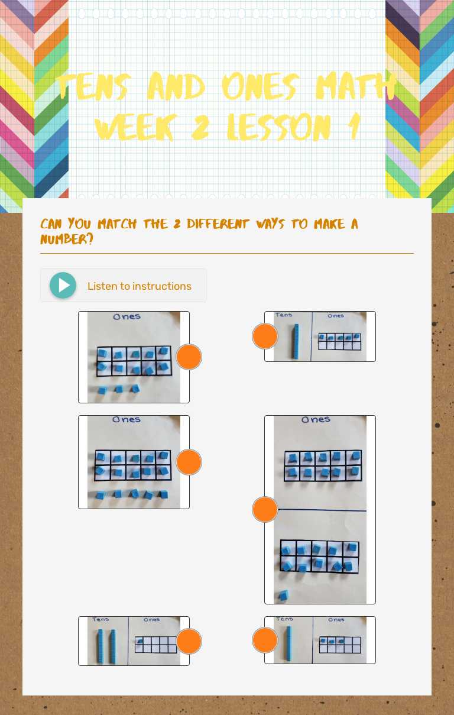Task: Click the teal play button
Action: click(x=63, y=286)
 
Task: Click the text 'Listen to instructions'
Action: click(x=139, y=286)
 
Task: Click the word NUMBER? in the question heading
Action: click(x=66, y=240)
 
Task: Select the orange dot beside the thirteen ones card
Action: click(x=189, y=357)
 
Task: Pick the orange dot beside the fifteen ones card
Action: click(x=189, y=462)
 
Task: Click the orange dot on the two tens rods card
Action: click(x=189, y=641)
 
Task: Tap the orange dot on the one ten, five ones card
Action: click(x=265, y=336)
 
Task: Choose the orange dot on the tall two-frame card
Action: click(x=265, y=509)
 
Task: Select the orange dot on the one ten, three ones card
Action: click(x=265, y=640)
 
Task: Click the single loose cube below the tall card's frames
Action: click(x=284, y=594)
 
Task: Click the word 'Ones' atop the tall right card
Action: click(x=316, y=420)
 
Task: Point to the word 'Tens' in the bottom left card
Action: click(x=100, y=620)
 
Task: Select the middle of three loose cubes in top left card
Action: click(x=119, y=389)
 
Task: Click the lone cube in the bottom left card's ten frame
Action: click(x=140, y=640)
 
